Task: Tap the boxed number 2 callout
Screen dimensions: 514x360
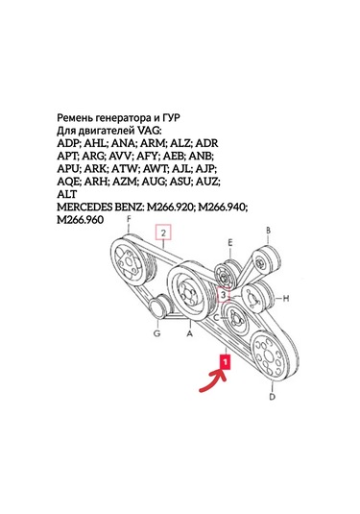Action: [x=164, y=233]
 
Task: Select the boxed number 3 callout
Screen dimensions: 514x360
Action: [x=224, y=297]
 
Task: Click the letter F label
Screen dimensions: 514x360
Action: [x=129, y=221]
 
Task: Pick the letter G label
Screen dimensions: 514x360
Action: [x=156, y=335]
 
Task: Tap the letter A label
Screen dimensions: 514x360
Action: [x=190, y=335]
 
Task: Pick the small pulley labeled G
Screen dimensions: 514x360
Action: [x=156, y=309]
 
